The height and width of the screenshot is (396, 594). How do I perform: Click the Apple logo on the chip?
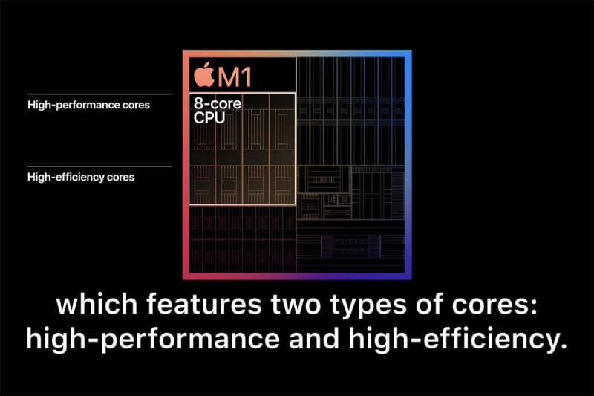tap(204, 74)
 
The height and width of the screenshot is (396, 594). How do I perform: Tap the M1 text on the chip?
tap(235, 77)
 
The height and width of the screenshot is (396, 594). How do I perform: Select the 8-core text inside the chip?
tap(218, 103)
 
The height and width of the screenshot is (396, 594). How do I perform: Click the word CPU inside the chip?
tap(209, 118)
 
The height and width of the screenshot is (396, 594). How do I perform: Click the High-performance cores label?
tap(88, 105)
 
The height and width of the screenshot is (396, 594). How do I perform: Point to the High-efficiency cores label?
tap(81, 177)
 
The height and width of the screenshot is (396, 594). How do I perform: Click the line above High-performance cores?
tap(99, 94)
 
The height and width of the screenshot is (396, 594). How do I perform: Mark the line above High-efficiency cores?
tap(99, 166)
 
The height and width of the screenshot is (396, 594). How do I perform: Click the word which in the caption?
tap(97, 304)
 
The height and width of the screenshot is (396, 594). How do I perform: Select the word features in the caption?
tap(204, 304)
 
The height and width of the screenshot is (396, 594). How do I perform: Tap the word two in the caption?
tap(296, 305)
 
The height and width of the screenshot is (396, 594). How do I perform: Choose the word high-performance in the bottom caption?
tap(153, 339)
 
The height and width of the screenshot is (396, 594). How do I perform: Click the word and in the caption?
tap(314, 338)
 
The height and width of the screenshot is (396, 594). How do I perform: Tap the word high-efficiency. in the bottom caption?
tap(458, 338)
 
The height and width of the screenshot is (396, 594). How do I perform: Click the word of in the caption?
tap(429, 304)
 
